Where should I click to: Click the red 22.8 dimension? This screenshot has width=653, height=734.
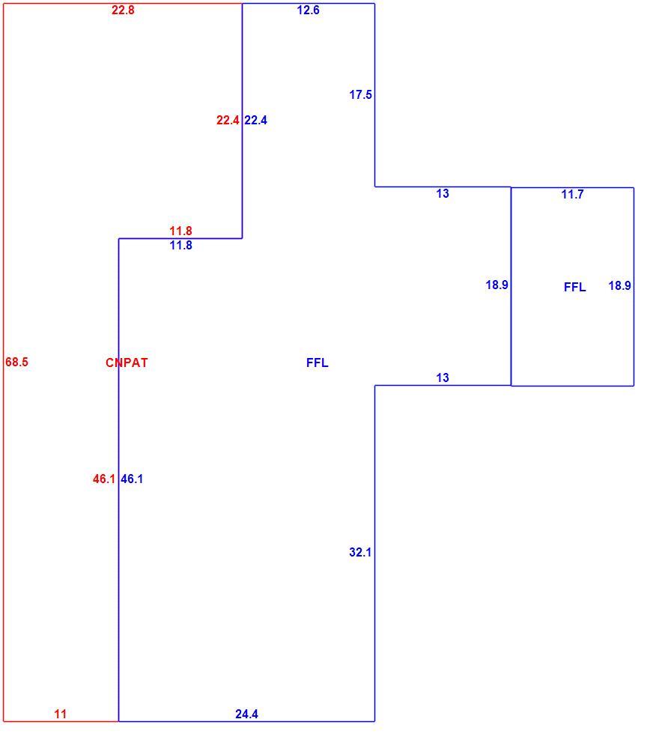tap(123, 10)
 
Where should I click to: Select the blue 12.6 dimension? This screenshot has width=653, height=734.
tap(308, 10)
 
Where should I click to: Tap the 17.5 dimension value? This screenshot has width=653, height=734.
tap(360, 94)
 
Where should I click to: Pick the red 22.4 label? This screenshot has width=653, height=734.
tap(228, 121)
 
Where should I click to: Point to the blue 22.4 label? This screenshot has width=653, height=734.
tap(255, 121)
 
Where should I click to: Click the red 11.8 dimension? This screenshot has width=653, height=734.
tap(180, 231)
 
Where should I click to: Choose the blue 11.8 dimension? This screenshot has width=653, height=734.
tap(180, 246)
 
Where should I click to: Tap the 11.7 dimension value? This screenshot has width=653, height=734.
tap(572, 194)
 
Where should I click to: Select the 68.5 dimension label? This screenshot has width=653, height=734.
tap(17, 362)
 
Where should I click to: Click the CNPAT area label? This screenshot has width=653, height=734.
tap(127, 363)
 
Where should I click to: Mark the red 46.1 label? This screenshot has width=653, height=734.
tap(104, 479)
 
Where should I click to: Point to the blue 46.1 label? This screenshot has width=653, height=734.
tap(132, 479)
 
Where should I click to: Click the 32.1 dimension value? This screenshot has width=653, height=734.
tap(360, 553)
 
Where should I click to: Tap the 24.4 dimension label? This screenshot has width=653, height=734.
tap(246, 714)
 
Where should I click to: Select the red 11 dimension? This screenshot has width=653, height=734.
tap(61, 714)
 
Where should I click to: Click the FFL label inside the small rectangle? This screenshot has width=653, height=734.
tap(575, 287)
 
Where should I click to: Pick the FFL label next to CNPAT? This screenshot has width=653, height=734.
tap(318, 363)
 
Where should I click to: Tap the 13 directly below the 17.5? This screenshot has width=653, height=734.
tap(443, 193)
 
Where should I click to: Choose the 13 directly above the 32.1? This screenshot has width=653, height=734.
tap(443, 377)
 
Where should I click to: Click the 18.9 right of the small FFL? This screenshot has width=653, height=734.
tap(620, 285)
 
